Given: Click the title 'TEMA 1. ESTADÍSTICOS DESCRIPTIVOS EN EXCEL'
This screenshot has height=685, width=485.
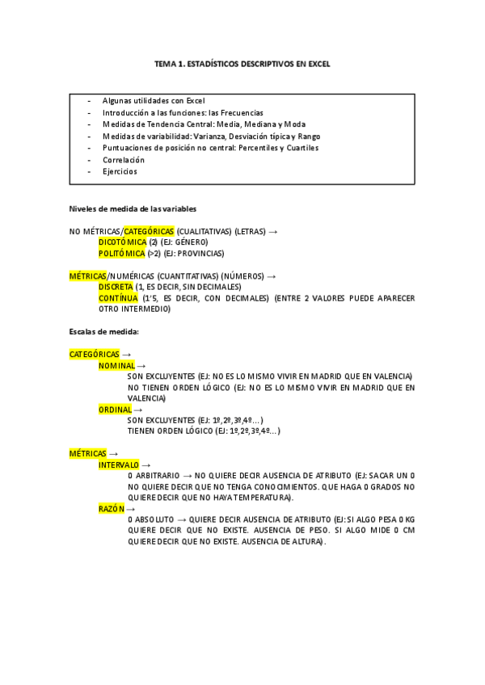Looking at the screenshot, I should (242, 63).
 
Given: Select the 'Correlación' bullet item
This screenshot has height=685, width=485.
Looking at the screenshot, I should (124, 160).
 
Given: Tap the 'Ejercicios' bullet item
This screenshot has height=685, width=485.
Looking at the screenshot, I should (120, 171).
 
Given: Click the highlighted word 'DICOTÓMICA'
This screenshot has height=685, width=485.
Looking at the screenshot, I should (122, 242).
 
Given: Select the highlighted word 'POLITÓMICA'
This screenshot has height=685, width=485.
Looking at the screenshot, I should (121, 253).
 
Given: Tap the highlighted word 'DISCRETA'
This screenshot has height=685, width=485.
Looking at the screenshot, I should (116, 287).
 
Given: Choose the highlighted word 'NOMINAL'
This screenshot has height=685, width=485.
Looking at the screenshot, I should (116, 366).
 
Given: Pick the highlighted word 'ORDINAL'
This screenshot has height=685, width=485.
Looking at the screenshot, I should (115, 410).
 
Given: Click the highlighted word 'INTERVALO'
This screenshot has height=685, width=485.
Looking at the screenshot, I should (119, 465).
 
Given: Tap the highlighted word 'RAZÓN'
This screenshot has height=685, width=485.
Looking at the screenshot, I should (112, 510).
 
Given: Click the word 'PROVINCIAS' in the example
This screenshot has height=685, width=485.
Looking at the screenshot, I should (203, 253).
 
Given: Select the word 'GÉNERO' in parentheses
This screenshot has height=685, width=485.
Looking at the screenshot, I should (191, 242).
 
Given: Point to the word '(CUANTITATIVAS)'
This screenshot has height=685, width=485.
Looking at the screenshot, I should (184, 275).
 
